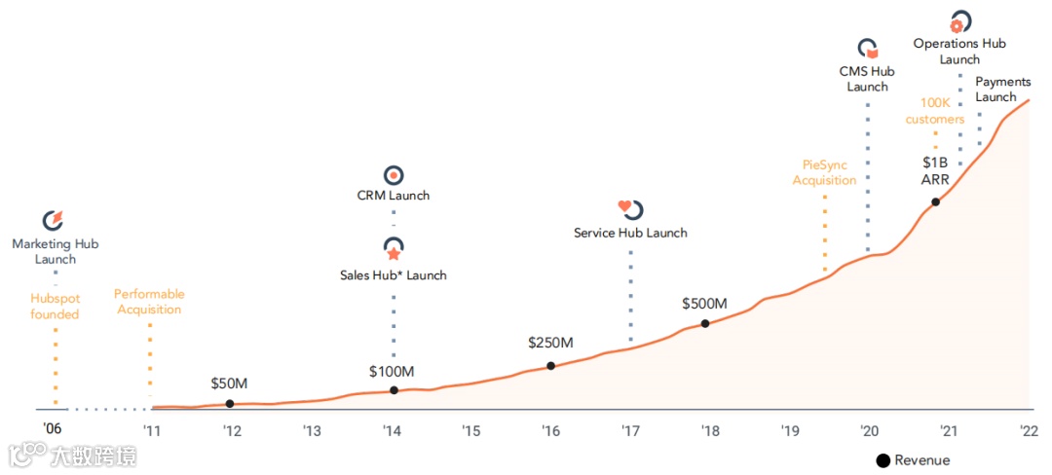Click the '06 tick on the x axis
tap(54, 429)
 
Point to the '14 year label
tap(392, 430)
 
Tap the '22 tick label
tap(1028, 430)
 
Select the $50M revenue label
tap(230, 384)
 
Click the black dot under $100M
tap(394, 390)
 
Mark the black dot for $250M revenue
tap(550, 366)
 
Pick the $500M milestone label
tap(705, 304)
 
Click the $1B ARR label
tap(935, 169)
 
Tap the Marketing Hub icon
tap(55, 221)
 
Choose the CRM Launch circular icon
tap(394, 175)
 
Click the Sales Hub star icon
tap(394, 250)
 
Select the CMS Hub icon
tap(867, 48)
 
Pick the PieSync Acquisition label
tap(824, 172)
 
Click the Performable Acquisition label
tap(149, 302)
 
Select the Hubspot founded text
tap(55, 306)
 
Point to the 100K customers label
tap(934, 111)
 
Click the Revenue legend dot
tap(883, 460)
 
